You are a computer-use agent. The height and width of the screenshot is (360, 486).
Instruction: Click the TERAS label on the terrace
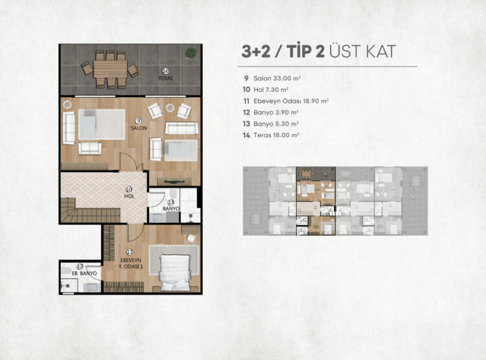point(166,78)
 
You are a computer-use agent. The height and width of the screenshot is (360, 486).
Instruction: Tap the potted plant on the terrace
point(191,52)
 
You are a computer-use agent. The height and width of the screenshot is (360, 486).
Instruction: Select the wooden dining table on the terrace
point(110,69)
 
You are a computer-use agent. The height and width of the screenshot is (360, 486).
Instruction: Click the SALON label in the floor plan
point(139,128)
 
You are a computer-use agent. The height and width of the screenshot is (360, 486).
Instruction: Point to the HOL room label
point(129,196)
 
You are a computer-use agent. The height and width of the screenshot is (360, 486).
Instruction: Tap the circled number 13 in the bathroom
point(171,202)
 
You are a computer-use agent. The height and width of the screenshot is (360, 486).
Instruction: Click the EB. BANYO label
point(84,274)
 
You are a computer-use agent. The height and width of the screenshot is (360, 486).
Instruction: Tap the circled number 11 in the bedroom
point(130,252)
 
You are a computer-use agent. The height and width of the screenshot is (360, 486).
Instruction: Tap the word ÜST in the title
point(345,51)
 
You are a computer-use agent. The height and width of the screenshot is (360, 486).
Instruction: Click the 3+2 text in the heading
point(255,51)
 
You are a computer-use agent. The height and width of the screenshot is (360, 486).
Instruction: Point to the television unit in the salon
point(174,181)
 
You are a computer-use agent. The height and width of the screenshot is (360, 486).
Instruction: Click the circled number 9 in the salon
point(139,121)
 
